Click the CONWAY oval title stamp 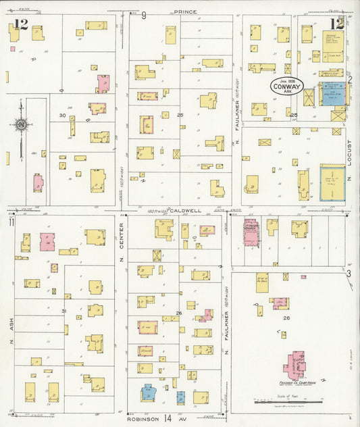pyautogui.click(x=287, y=86)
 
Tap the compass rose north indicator pyautogui.click(x=21, y=124)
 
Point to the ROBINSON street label pyautogui.click(x=147, y=419)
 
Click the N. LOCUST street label pyautogui.click(x=351, y=162)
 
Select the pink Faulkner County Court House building pyautogui.click(x=294, y=365)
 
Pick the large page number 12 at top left pyautogui.click(x=20, y=25)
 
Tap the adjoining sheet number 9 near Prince pyautogui.click(x=143, y=14)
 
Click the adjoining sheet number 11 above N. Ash pyautogui.click(x=11, y=222)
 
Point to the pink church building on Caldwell pyautogui.click(x=251, y=229)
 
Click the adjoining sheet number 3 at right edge pyautogui.click(x=349, y=274)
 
